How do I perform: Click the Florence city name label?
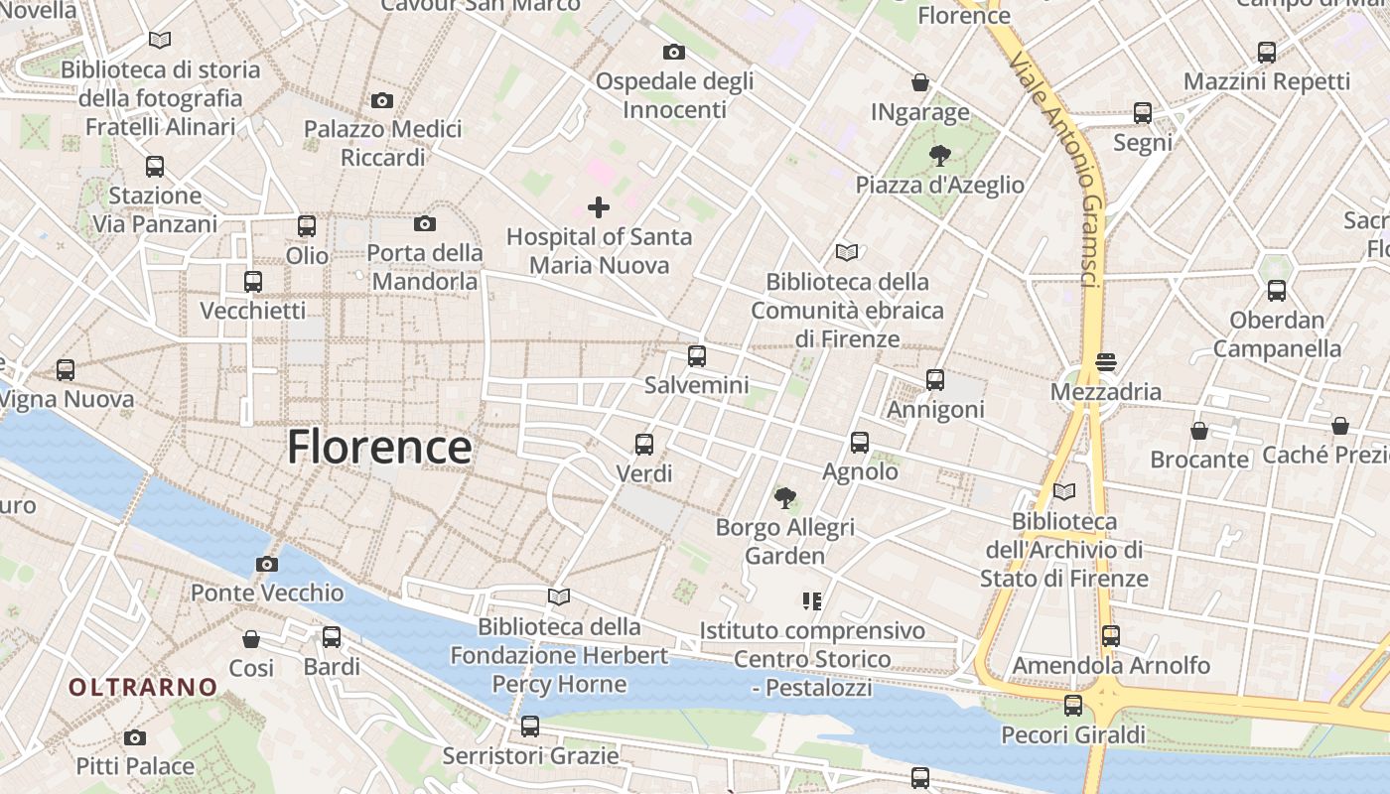[379, 448]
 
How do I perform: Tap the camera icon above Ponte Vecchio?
[266, 565]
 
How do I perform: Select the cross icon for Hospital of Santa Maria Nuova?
[599, 207]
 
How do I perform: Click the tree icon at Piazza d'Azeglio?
[939, 155]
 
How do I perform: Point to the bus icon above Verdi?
[644, 444]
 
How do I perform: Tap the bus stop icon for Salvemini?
[697, 355]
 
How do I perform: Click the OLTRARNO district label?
[143, 687]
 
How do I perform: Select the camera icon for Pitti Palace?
[135, 737]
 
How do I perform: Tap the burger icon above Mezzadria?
[1106, 362]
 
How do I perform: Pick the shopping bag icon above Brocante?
[1199, 431]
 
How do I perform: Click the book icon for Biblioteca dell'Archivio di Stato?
[1064, 491]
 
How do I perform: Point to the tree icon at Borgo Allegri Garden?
[785, 496]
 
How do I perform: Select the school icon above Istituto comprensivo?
[812, 600]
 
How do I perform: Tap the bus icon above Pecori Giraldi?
[1073, 706]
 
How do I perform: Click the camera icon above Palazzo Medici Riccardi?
[382, 100]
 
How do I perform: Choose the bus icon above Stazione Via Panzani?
[155, 166]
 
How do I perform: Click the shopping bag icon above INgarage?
[920, 82]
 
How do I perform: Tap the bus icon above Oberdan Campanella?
[1277, 291]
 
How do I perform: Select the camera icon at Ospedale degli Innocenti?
[674, 52]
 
